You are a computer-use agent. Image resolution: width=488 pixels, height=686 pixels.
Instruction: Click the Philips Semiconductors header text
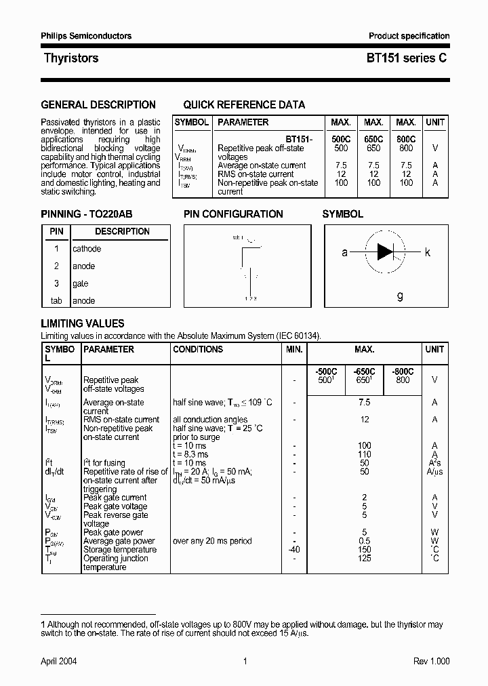coord(86,36)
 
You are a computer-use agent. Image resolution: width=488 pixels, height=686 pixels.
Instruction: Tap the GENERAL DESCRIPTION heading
coord(98,105)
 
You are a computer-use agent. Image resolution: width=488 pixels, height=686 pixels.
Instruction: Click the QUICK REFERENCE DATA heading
coord(244,105)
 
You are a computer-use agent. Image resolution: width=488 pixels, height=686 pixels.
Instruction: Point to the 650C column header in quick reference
coord(373,139)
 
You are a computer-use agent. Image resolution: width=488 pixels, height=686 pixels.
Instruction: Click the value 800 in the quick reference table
coord(405,148)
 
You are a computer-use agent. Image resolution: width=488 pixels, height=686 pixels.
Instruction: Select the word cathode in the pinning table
coord(87,249)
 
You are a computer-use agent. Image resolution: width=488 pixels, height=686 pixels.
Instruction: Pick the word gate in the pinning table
coord(80,283)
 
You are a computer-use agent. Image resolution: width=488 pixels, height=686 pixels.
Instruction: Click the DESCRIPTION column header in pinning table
coord(122,231)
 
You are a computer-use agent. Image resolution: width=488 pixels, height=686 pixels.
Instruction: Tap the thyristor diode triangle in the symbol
coord(385,252)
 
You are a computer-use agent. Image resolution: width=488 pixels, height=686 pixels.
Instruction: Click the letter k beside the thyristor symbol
coord(427,252)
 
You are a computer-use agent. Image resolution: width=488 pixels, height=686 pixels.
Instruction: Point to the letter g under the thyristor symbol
coord(400,296)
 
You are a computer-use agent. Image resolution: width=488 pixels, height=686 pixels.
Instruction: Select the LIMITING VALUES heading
coord(83,324)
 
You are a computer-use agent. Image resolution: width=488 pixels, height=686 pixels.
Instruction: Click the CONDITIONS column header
coord(198,349)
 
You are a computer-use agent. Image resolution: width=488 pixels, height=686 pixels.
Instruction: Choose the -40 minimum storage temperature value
coord(293,550)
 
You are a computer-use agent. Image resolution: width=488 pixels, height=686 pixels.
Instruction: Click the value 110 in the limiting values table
coord(365,454)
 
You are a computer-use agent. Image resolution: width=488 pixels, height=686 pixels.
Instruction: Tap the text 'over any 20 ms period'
coord(212,541)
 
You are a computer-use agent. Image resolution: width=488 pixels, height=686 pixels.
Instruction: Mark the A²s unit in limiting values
coord(434,463)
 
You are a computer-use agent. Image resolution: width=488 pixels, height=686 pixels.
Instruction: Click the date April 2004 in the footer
coord(60,661)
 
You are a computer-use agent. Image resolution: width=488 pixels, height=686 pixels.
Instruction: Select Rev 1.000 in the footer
coord(431,661)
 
